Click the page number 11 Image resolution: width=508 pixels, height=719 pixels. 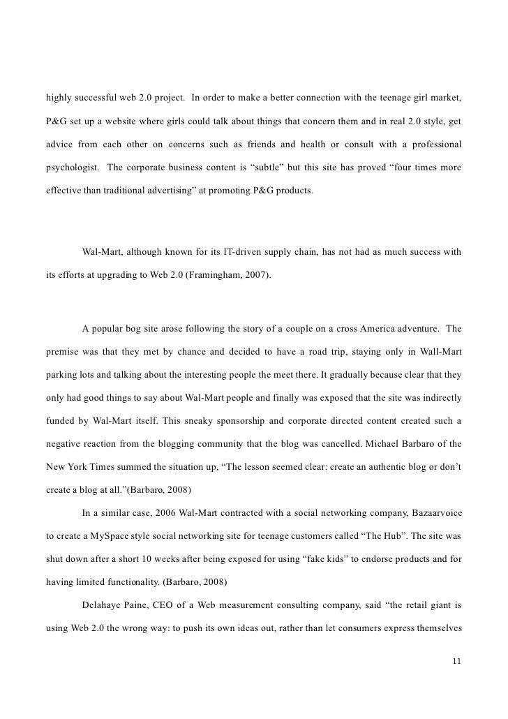(x=457, y=660)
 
